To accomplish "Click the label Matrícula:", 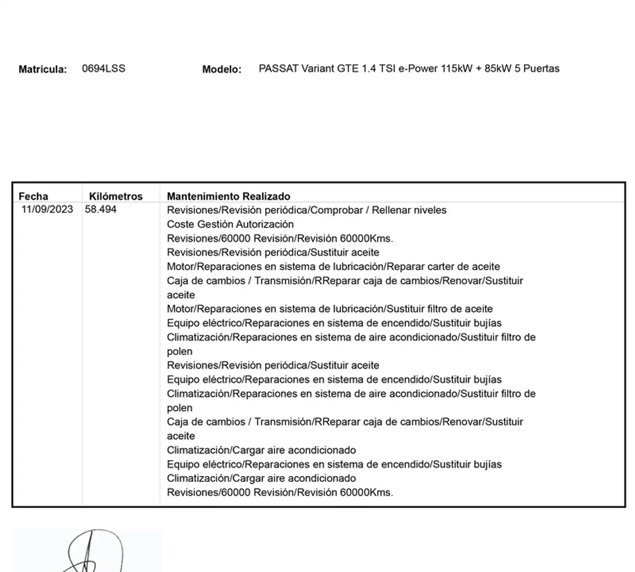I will [x=42, y=69].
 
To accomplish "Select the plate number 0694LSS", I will [x=104, y=69].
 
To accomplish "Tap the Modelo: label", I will [x=222, y=69].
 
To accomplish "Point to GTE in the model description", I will [x=348, y=69].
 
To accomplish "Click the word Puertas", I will [x=541, y=69].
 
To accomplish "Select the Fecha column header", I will [x=34, y=196].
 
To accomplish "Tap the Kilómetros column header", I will [x=116, y=196].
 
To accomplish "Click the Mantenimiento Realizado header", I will [x=228, y=196].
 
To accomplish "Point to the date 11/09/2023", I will [x=47, y=209].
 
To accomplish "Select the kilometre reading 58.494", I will [x=101, y=209].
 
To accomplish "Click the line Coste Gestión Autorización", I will [x=230, y=224].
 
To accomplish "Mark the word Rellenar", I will [x=390, y=210].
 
